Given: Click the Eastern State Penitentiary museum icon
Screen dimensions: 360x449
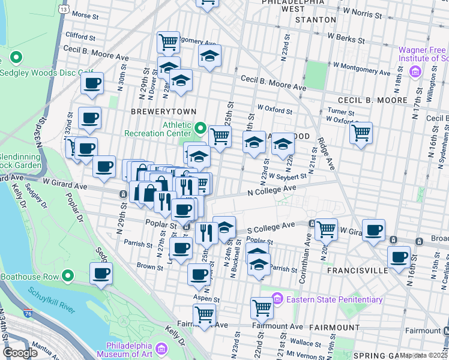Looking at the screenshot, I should [277, 298].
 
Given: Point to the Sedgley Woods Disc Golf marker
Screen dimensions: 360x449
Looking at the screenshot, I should [16, 59].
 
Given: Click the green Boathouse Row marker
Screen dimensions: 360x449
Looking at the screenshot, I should [68, 277].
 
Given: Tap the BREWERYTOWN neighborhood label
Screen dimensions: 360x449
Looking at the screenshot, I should [157, 112].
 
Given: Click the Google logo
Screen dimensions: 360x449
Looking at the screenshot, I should [20, 353].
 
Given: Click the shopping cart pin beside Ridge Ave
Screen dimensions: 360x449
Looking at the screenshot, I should [361, 133].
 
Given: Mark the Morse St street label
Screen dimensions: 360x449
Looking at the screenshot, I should [84, 14].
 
